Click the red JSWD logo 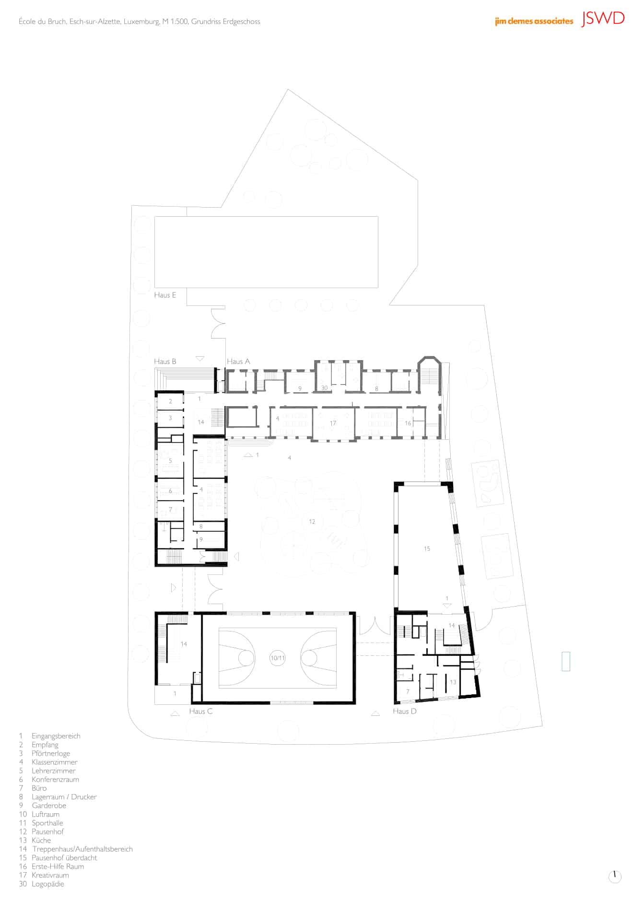(x=603, y=19)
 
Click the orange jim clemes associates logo (x=534, y=21)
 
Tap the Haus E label (x=165, y=295)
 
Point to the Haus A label (x=238, y=362)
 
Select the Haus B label (x=165, y=362)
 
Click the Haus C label (x=201, y=711)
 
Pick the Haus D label (x=405, y=711)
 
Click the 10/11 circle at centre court (x=278, y=658)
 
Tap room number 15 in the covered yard (x=427, y=549)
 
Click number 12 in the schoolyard (x=312, y=522)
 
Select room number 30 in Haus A (x=324, y=388)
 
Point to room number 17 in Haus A (x=333, y=423)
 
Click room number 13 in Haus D (x=453, y=682)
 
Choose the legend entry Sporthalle (x=47, y=823)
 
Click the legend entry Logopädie (x=48, y=884)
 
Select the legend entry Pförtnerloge (x=51, y=753)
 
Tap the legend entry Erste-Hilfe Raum (x=58, y=866)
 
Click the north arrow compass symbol (x=614, y=876)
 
